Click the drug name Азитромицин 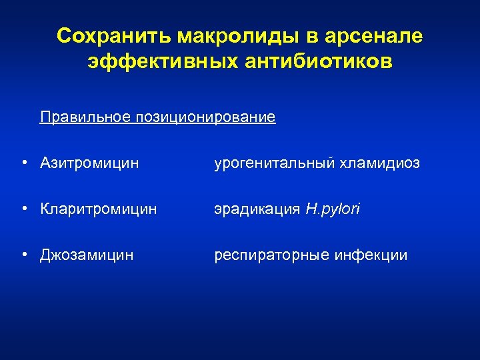point(89,163)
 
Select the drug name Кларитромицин point(99,209)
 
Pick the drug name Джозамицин point(87,255)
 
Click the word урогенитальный point(272,163)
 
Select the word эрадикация point(257,209)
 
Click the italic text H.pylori point(333,209)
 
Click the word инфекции point(375,255)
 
